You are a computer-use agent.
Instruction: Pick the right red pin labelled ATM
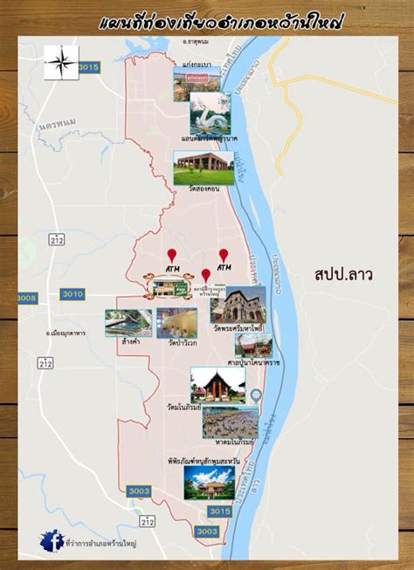224,250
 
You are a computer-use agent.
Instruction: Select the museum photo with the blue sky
209,480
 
